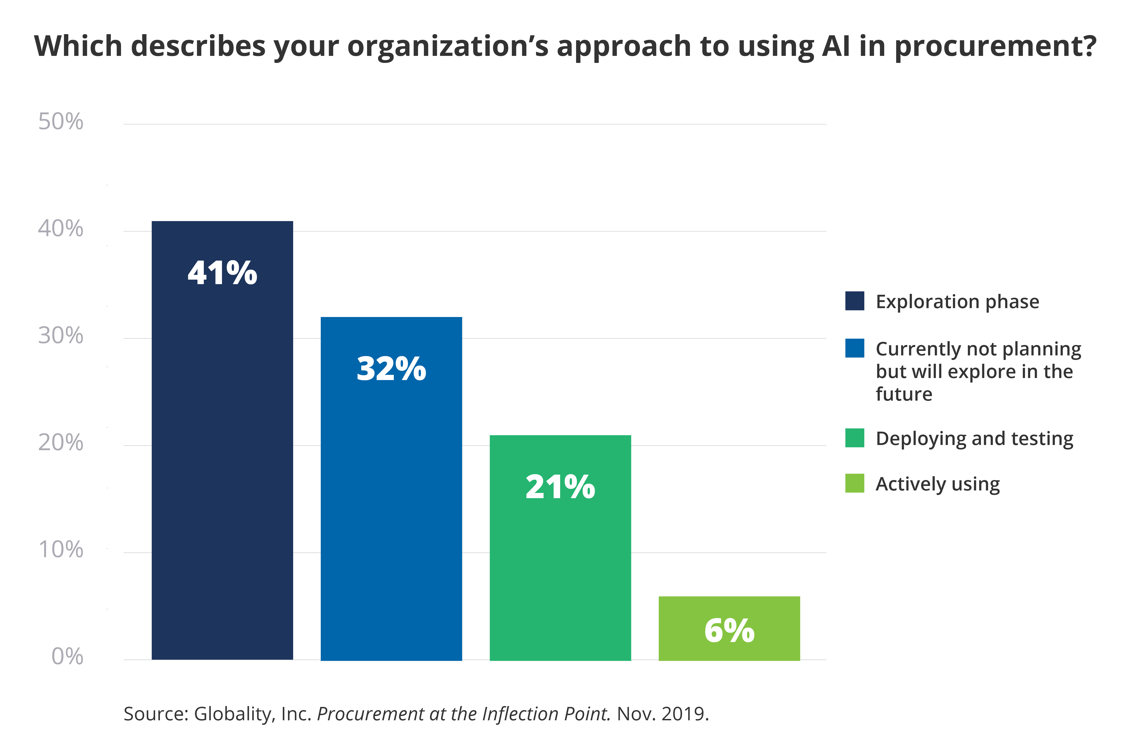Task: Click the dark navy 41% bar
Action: click(222, 440)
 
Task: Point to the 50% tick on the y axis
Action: click(61, 122)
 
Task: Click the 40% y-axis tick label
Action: click(61, 229)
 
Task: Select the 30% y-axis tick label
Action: click(61, 336)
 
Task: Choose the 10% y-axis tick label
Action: click(61, 550)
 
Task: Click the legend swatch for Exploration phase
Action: click(855, 301)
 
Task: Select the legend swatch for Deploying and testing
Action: click(855, 438)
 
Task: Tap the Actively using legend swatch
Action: click(855, 483)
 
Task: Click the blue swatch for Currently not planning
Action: click(855, 348)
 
